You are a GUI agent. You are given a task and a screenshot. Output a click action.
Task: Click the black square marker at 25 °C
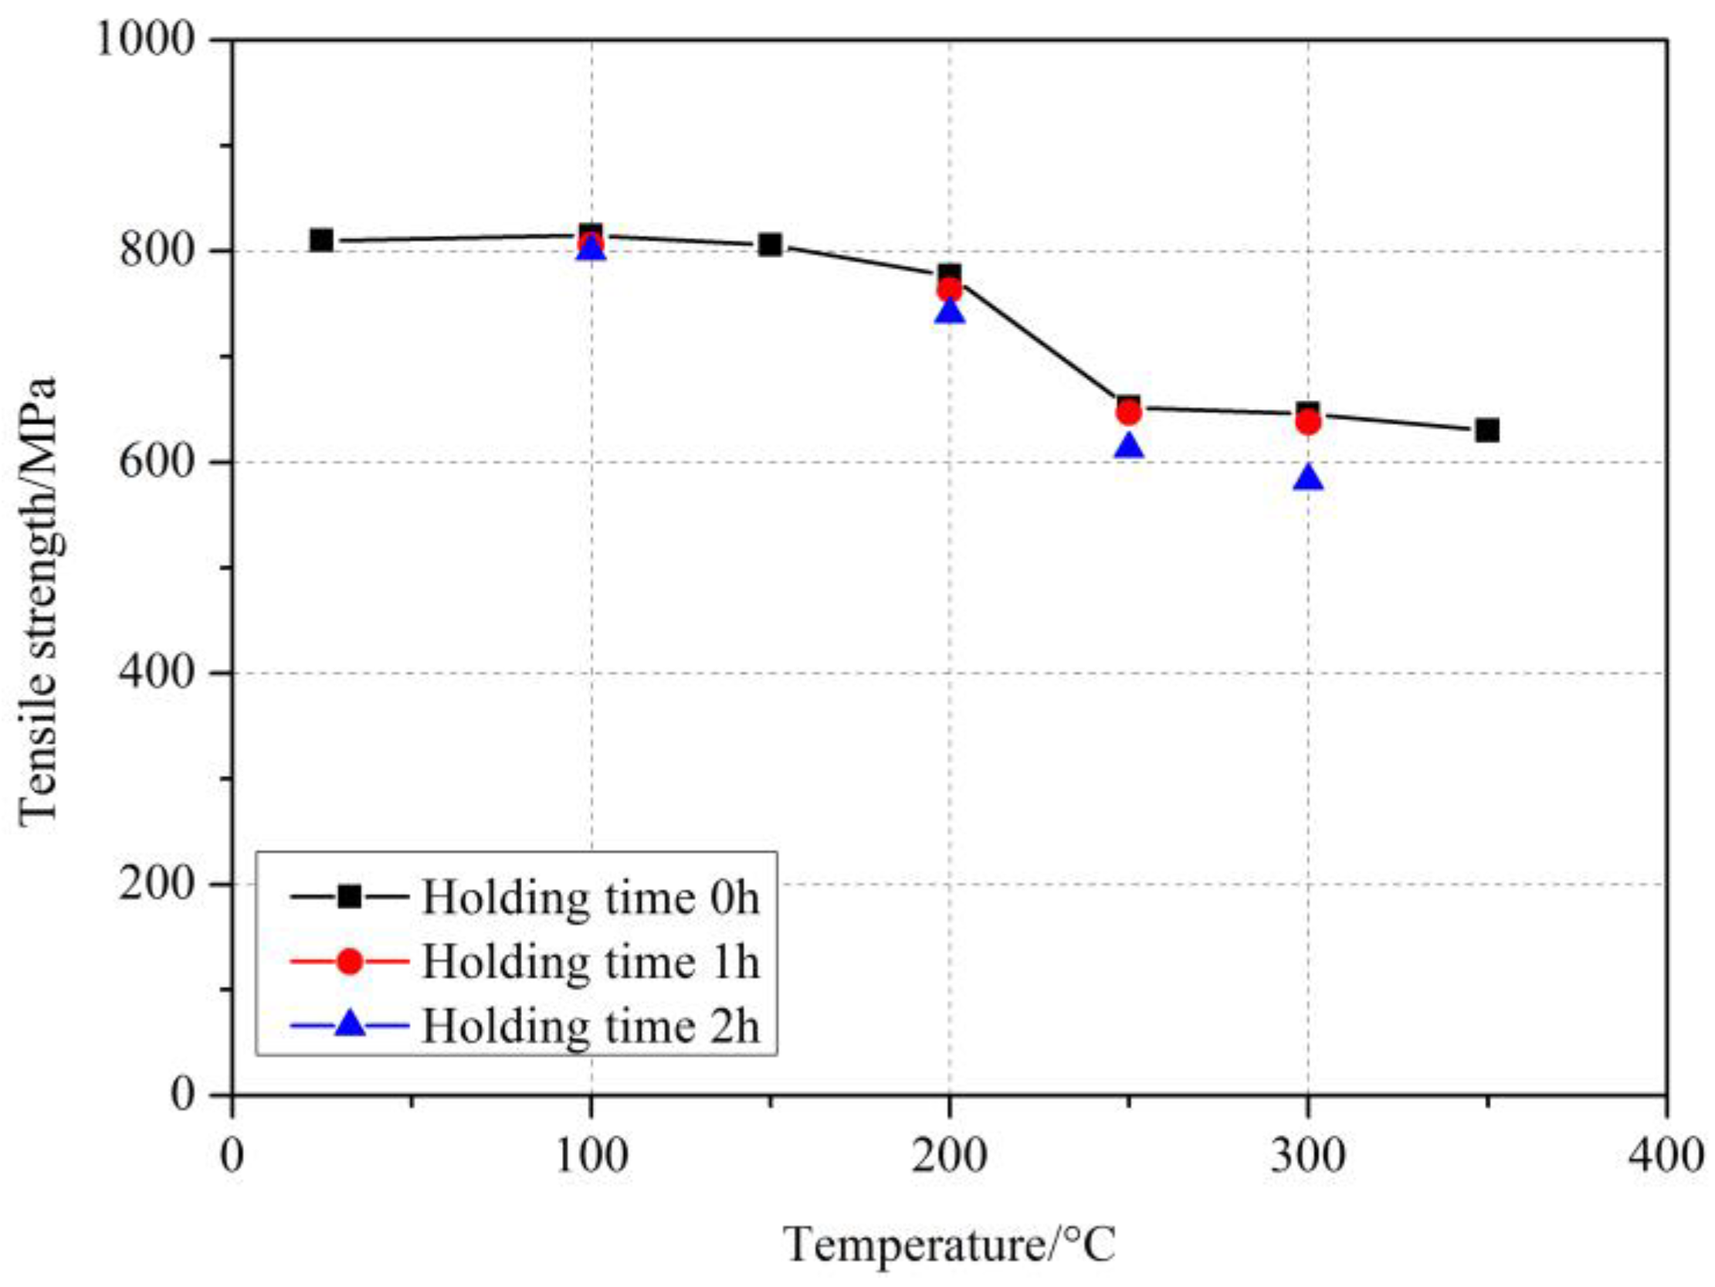click(x=321, y=240)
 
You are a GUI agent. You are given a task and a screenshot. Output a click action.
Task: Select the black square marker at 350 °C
click(x=1487, y=430)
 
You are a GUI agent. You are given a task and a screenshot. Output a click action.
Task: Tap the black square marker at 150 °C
click(x=770, y=245)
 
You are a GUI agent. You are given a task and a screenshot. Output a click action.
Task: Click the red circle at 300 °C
click(x=1308, y=422)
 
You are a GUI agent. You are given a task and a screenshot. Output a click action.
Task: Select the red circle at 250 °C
click(x=1129, y=413)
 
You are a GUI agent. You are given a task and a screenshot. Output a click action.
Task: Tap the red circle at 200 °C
click(x=950, y=290)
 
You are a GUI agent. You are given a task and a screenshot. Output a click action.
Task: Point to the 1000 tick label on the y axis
click(x=144, y=39)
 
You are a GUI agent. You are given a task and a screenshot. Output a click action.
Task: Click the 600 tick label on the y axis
click(x=155, y=462)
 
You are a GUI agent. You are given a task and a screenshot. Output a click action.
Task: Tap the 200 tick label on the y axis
click(x=155, y=884)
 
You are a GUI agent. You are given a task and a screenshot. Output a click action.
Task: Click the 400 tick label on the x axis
click(x=1666, y=1156)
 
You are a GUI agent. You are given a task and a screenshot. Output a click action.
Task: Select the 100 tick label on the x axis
click(x=591, y=1156)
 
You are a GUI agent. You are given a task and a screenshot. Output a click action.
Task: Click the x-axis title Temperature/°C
click(x=950, y=1245)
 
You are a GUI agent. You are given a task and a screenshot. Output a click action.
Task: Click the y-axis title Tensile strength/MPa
click(x=39, y=601)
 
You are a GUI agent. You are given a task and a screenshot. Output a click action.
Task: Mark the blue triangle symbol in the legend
click(x=351, y=1024)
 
